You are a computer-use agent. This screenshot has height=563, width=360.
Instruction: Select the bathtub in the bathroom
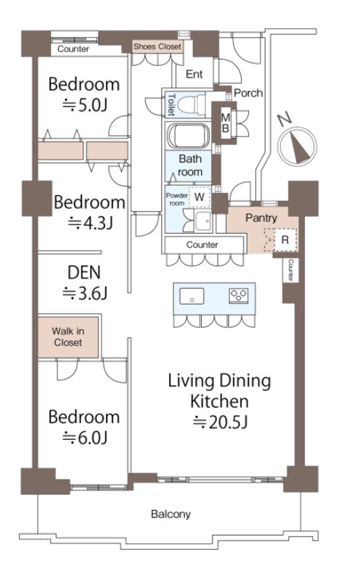[188, 136]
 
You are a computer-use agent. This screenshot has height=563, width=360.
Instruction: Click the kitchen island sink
[192, 297]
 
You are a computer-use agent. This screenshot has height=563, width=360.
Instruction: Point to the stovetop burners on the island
[239, 296]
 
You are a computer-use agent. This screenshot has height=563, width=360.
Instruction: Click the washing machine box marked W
[200, 197]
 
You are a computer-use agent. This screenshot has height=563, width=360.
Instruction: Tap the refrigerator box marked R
[285, 239]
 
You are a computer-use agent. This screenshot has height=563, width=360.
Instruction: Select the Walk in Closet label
[68, 337]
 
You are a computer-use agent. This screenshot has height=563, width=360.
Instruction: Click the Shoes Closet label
[157, 46]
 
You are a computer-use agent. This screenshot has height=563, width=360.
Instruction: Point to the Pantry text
[261, 218]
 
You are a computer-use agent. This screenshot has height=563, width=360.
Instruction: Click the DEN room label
[84, 273]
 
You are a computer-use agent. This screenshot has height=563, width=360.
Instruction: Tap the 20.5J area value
[221, 422]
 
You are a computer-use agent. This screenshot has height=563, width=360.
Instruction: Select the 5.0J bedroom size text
[85, 106]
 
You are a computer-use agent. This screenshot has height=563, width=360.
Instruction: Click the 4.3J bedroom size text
[90, 223]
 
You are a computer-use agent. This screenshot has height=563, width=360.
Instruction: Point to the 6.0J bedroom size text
[85, 437]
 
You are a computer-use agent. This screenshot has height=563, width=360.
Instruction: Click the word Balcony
[171, 514]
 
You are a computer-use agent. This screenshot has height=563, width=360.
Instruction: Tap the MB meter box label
[225, 123]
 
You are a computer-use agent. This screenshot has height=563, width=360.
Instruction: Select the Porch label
[248, 93]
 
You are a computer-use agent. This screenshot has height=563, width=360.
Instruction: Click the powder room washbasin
[203, 221]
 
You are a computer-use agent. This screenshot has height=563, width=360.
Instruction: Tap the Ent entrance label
[195, 74]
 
